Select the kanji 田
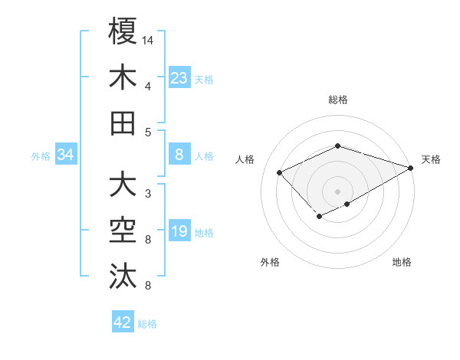click(123, 123)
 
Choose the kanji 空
click(123, 231)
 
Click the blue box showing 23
click(179, 77)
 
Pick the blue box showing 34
click(66, 155)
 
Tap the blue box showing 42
click(123, 322)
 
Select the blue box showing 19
click(179, 232)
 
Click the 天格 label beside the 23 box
click(204, 79)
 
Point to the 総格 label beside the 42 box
click(147, 324)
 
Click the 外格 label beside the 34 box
click(41, 156)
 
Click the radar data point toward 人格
click(280, 173)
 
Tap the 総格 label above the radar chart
click(337, 100)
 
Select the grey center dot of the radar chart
click(337, 190)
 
